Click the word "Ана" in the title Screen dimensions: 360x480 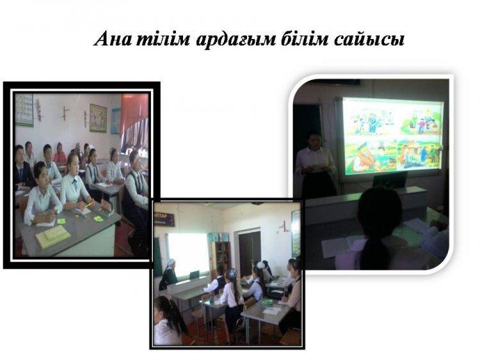click(x=112, y=39)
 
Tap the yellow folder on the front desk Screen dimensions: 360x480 click(x=52, y=236)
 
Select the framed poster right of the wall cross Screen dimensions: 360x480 click(x=98, y=118)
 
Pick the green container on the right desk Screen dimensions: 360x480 click(x=268, y=303)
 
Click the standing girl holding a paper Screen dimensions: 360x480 click(x=314, y=163)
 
